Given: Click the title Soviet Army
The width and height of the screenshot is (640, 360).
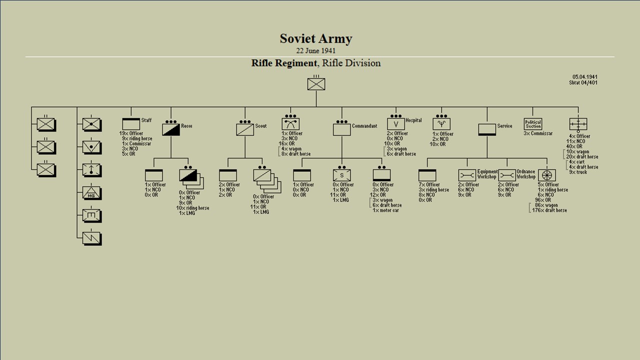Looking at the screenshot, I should pos(315,39).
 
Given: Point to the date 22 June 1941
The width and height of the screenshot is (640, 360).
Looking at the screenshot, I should pos(315,50).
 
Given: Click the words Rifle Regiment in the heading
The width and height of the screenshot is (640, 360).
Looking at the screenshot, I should pos(284,63).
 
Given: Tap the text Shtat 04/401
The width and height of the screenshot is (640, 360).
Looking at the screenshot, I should pos(583,82).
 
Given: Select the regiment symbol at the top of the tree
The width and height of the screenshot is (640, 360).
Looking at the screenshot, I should pos(316,83).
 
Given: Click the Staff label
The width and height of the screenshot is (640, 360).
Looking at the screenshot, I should pos(146,120).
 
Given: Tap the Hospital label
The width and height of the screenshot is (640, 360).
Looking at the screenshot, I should pos(413,120).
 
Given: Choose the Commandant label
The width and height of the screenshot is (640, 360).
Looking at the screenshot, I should pos(364,126).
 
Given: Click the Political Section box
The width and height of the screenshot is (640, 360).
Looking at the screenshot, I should pos(533,124).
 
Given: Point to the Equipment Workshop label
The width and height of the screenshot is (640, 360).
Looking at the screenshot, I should pos(487,174).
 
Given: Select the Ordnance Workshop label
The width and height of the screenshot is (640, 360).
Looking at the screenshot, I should pos(526,174).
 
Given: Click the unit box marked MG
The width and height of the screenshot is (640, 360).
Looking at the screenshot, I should pos(91,193).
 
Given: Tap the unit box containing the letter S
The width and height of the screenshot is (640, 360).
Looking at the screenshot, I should pos(342,175).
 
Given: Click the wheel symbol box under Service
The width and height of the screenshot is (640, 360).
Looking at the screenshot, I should pos(547,175).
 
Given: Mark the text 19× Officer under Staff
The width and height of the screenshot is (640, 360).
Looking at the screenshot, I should pos(131,133).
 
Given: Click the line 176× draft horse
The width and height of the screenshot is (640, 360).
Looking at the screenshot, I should pos(549,210).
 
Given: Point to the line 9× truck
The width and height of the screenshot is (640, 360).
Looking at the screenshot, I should pos(578,172).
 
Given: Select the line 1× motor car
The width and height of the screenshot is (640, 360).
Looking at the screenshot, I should pos(385,210).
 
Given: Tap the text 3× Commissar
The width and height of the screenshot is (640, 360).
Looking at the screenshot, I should pos(538,133).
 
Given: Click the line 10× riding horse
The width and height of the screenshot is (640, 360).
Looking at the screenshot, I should pos(192,208).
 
